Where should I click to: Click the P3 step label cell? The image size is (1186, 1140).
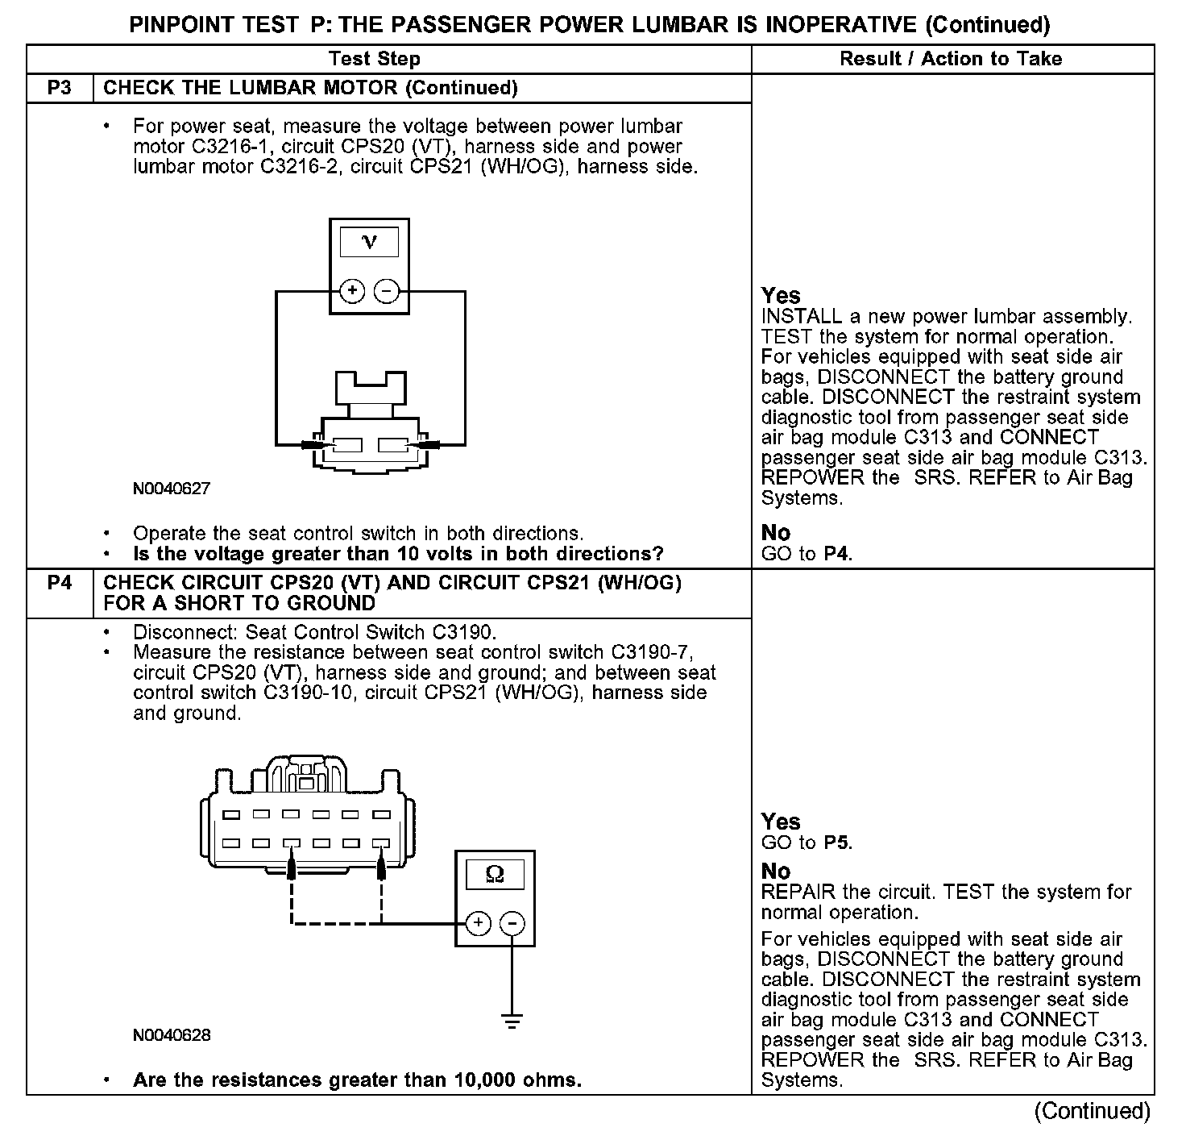pyautogui.click(x=60, y=88)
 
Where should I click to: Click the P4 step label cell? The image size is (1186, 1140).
pyautogui.click(x=60, y=582)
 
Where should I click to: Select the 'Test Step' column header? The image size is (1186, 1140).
pyautogui.click(x=375, y=59)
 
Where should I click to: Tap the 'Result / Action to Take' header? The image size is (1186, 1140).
pyautogui.click(x=951, y=59)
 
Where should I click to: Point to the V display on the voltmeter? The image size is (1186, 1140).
pyautogui.click(x=369, y=242)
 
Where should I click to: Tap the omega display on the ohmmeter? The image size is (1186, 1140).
pyautogui.click(x=496, y=874)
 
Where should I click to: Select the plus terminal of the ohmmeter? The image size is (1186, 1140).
pyautogui.click(x=478, y=923)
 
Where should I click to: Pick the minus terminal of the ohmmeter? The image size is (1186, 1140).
pyautogui.click(x=513, y=923)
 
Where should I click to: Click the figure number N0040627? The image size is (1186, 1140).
pyautogui.click(x=172, y=489)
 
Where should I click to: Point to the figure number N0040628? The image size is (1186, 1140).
pyautogui.click(x=172, y=1035)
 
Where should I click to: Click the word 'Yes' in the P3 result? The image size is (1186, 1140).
pyautogui.click(x=781, y=295)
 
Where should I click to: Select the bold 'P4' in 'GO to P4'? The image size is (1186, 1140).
pyautogui.click(x=838, y=554)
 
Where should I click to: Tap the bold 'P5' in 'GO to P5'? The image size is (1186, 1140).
pyautogui.click(x=838, y=843)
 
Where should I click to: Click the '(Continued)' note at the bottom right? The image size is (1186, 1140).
pyautogui.click(x=1092, y=1111)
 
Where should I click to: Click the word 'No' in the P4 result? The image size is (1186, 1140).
pyautogui.click(x=776, y=872)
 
